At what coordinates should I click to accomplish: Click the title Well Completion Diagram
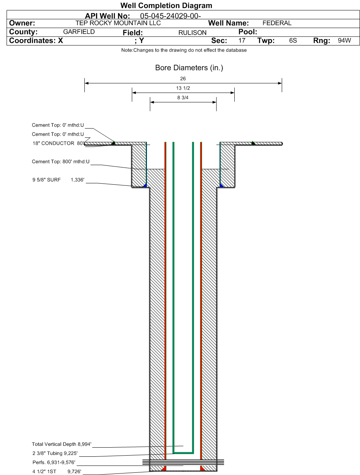click(166, 5)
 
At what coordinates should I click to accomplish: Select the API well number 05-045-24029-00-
click(171, 16)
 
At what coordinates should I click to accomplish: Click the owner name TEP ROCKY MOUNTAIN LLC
click(118, 23)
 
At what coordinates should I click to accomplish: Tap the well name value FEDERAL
click(277, 23)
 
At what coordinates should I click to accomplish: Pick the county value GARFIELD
click(79, 32)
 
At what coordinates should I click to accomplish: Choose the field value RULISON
click(192, 33)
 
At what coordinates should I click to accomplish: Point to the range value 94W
click(344, 40)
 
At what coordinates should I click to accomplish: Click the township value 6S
click(293, 40)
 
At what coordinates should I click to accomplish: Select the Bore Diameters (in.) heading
click(189, 68)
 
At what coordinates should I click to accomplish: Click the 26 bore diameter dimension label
click(183, 79)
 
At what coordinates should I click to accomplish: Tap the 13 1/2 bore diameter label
click(183, 88)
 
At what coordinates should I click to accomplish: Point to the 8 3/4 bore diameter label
click(183, 98)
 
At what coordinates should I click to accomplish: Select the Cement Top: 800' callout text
click(60, 161)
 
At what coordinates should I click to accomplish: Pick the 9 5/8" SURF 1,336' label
click(58, 180)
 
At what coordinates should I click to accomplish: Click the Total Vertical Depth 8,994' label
click(62, 444)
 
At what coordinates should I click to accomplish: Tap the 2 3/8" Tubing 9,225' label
click(55, 453)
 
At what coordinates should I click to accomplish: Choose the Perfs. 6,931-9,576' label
click(54, 462)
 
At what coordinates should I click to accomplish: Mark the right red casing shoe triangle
click(202, 469)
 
